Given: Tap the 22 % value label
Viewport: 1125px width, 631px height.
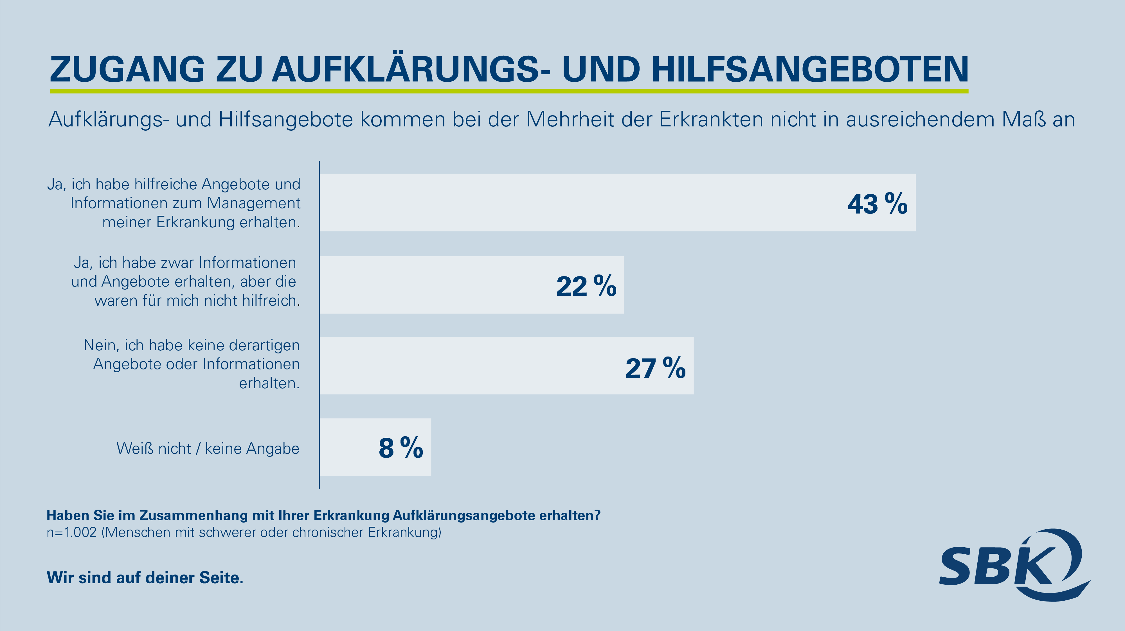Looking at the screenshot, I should [x=586, y=286].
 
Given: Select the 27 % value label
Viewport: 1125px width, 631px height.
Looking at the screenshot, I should [x=655, y=368].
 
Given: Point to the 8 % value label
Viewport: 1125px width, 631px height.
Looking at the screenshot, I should [x=400, y=448].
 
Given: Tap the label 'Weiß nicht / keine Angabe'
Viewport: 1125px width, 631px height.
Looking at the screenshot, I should [x=208, y=449].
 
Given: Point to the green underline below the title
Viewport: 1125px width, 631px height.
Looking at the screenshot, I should [x=509, y=91].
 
